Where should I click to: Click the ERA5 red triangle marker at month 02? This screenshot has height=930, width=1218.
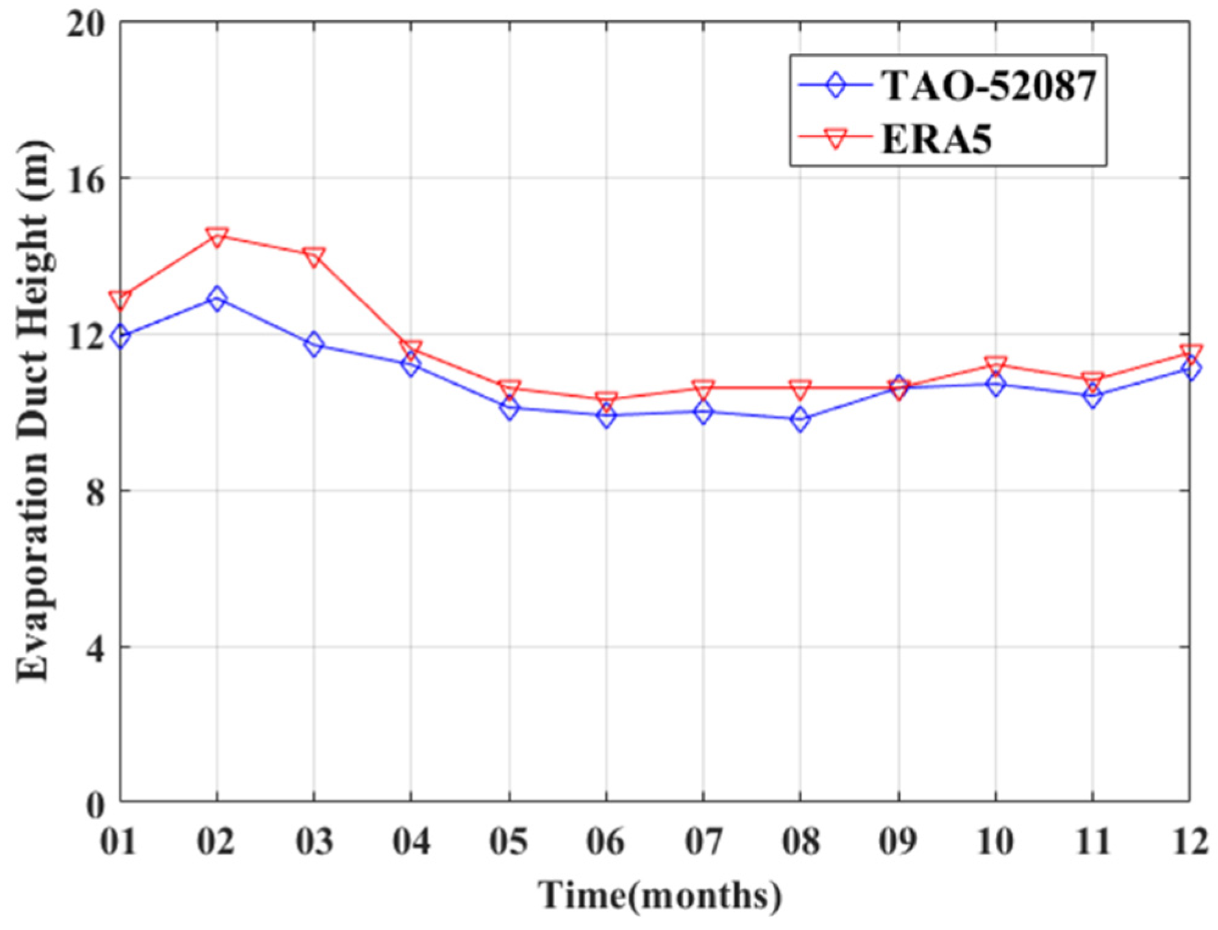[216, 236]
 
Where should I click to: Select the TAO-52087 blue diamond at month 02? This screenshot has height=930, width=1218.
[216, 298]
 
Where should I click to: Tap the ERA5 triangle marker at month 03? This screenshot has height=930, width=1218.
[314, 256]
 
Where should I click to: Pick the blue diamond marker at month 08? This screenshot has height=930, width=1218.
[800, 419]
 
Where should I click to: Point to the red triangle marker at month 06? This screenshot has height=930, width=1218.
[606, 400]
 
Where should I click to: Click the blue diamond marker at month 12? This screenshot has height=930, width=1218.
[1189, 368]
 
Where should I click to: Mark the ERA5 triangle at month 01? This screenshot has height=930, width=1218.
[120, 299]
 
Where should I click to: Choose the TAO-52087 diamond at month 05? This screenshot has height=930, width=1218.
[509, 407]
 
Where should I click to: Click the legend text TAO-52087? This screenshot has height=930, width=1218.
[989, 85]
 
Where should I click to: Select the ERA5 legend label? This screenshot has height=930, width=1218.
[936, 139]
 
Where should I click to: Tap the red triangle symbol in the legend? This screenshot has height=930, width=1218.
[836, 139]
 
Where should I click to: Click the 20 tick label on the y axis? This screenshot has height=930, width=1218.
[85, 26]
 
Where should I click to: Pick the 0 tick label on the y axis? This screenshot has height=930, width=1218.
[95, 805]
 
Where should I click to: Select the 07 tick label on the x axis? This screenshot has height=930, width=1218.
[703, 842]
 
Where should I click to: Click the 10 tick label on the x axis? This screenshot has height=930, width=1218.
[995, 842]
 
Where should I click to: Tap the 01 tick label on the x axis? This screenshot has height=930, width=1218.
[119, 842]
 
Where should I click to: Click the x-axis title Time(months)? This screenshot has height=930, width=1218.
[659, 895]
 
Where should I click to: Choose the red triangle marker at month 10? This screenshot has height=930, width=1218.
[995, 365]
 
